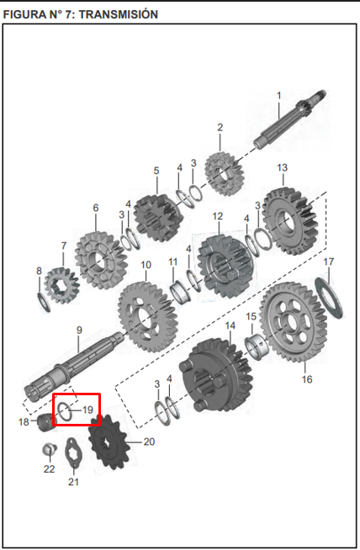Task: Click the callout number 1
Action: tap(278, 95)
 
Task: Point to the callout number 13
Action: tap(282, 167)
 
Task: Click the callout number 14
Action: tap(229, 324)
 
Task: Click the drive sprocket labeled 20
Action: tap(107, 445)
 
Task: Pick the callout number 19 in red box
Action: tap(87, 410)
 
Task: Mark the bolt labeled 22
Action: tap(49, 448)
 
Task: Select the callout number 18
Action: tap(24, 421)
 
